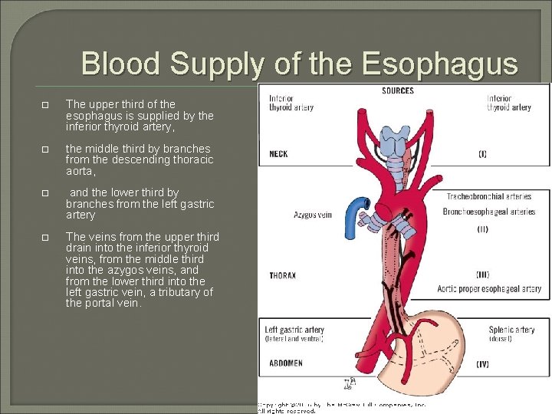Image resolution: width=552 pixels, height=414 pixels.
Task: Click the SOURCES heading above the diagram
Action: coord(397,91)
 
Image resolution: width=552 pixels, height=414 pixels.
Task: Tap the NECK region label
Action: coord(278,154)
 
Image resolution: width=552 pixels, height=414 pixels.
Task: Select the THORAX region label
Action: coord(283,275)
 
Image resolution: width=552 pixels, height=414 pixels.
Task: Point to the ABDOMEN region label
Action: coord(285,363)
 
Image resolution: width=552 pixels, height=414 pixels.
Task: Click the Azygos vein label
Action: coord(313,215)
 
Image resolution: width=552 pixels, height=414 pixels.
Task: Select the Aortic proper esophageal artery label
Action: coord(489,289)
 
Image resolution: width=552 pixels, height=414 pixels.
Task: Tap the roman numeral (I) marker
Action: coord(482,154)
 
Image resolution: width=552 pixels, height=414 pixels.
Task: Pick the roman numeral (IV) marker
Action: coord(482,363)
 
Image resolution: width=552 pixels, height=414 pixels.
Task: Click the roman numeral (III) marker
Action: coord(482,274)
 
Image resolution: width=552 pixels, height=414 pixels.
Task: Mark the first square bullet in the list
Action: coord(47,104)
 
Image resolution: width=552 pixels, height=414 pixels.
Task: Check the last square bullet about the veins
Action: coord(47,236)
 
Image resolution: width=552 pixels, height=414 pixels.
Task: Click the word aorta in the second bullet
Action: coord(80,172)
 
